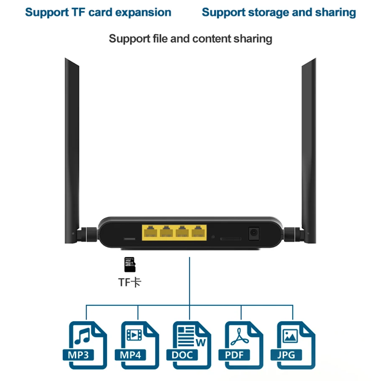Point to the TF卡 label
tap(130, 282)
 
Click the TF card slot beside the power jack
tap(230, 238)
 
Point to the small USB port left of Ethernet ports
tap(129, 238)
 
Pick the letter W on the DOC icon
tap(200, 343)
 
